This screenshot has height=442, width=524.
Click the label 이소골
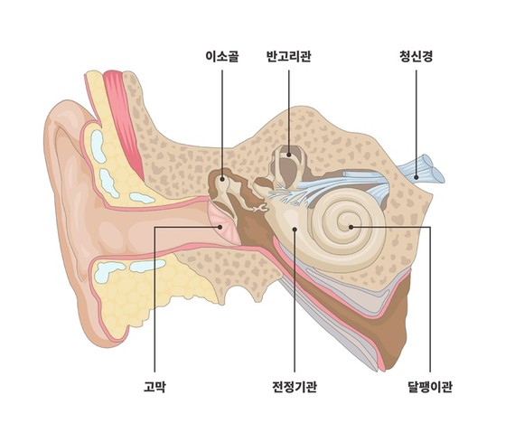[222, 56]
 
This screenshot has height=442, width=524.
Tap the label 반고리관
[289, 56]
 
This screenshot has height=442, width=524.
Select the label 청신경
[416, 56]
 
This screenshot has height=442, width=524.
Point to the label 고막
[154, 387]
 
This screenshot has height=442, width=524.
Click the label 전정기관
[295, 387]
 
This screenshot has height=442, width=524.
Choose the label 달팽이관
[430, 387]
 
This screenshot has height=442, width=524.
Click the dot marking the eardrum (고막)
[220, 227]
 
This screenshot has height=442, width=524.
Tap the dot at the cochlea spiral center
[351, 227]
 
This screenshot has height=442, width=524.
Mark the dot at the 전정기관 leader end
[295, 229]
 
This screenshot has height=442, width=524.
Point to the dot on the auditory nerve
[416, 177]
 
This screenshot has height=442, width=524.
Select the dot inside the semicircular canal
[289, 155]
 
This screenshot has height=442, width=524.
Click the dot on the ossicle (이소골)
[222, 180]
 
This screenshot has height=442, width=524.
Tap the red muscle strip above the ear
[123, 124]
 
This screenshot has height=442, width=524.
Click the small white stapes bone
[260, 209]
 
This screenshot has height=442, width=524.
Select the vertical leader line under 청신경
[416, 122]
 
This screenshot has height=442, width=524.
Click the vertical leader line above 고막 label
[154, 299]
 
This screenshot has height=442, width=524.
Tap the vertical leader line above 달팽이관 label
[430, 299]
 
